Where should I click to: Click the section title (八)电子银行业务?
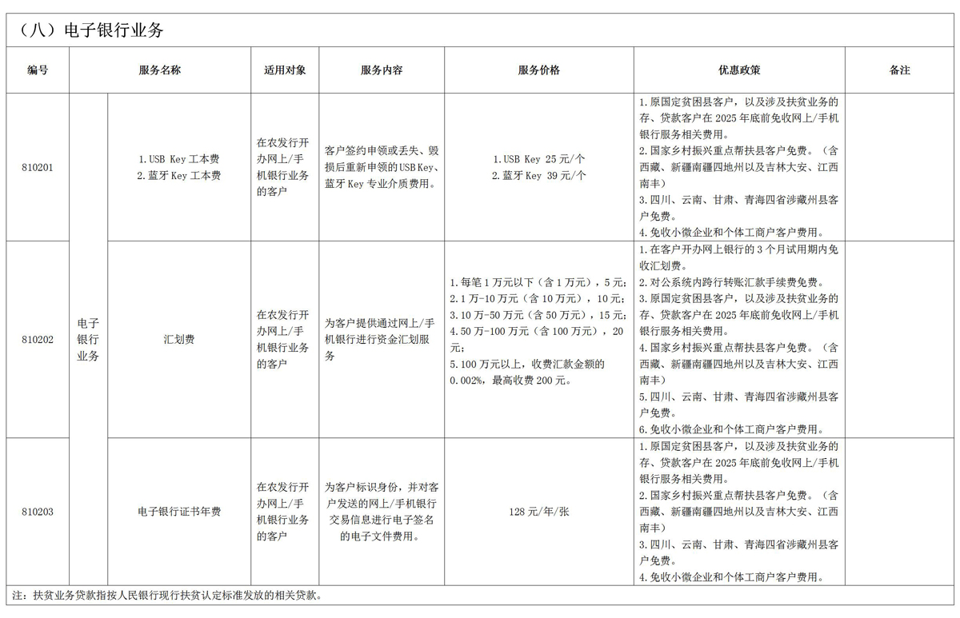[86, 30]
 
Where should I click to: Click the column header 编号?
[38, 70]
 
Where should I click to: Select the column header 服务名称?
[160, 70]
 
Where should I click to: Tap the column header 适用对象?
[285, 70]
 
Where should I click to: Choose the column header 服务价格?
[539, 70]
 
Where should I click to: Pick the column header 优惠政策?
[739, 70]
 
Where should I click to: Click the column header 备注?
[900, 70]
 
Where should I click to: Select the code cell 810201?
[38, 167]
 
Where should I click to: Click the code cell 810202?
[38, 339]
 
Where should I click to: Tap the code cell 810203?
[38, 512]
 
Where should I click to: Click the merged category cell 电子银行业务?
[88, 339]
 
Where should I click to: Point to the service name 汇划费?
[178, 339]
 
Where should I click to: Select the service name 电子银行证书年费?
[179, 512]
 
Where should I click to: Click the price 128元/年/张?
[539, 512]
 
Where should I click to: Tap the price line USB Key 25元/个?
[538, 159]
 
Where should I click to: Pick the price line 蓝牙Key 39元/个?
[538, 175]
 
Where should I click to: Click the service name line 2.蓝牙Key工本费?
[179, 175]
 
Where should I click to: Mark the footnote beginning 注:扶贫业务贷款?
[167, 596]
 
